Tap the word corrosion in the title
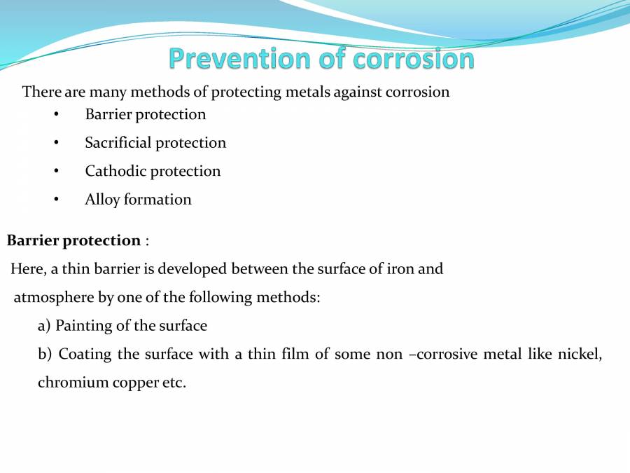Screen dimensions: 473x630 click(x=414, y=59)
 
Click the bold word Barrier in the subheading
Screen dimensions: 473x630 click(x=32, y=241)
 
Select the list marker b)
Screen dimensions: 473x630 click(x=45, y=355)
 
